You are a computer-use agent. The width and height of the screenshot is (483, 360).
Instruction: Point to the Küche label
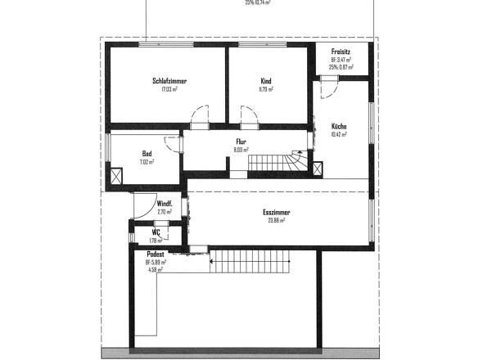[x=339, y=126]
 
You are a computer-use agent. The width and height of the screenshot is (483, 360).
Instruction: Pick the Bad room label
[x=147, y=154]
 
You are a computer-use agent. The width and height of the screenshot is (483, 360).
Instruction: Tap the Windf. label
[x=165, y=204]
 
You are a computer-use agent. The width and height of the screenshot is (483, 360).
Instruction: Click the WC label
[x=155, y=232]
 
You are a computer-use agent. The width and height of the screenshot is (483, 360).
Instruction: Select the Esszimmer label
[x=277, y=212]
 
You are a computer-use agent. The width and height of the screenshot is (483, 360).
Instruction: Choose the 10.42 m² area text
[x=339, y=134]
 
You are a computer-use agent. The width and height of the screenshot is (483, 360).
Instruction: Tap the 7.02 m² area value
[x=147, y=162]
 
